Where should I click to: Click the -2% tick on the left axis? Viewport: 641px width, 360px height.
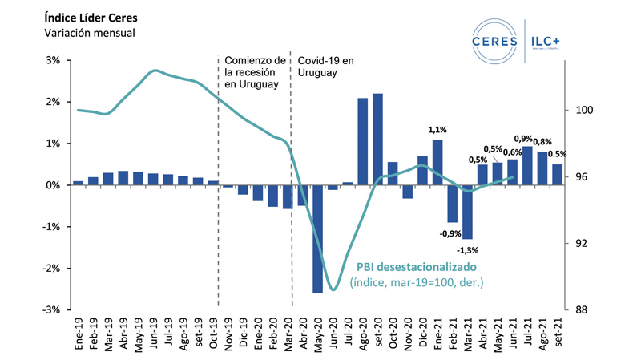(x=51, y=269)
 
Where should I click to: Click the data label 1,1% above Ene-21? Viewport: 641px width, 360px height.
(x=437, y=130)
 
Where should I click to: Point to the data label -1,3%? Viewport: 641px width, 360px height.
(x=476, y=250)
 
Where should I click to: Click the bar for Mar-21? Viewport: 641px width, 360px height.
(x=467, y=212)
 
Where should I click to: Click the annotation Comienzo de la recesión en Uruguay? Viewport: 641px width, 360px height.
(x=255, y=73)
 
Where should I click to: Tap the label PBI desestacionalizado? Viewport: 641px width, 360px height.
(x=417, y=266)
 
